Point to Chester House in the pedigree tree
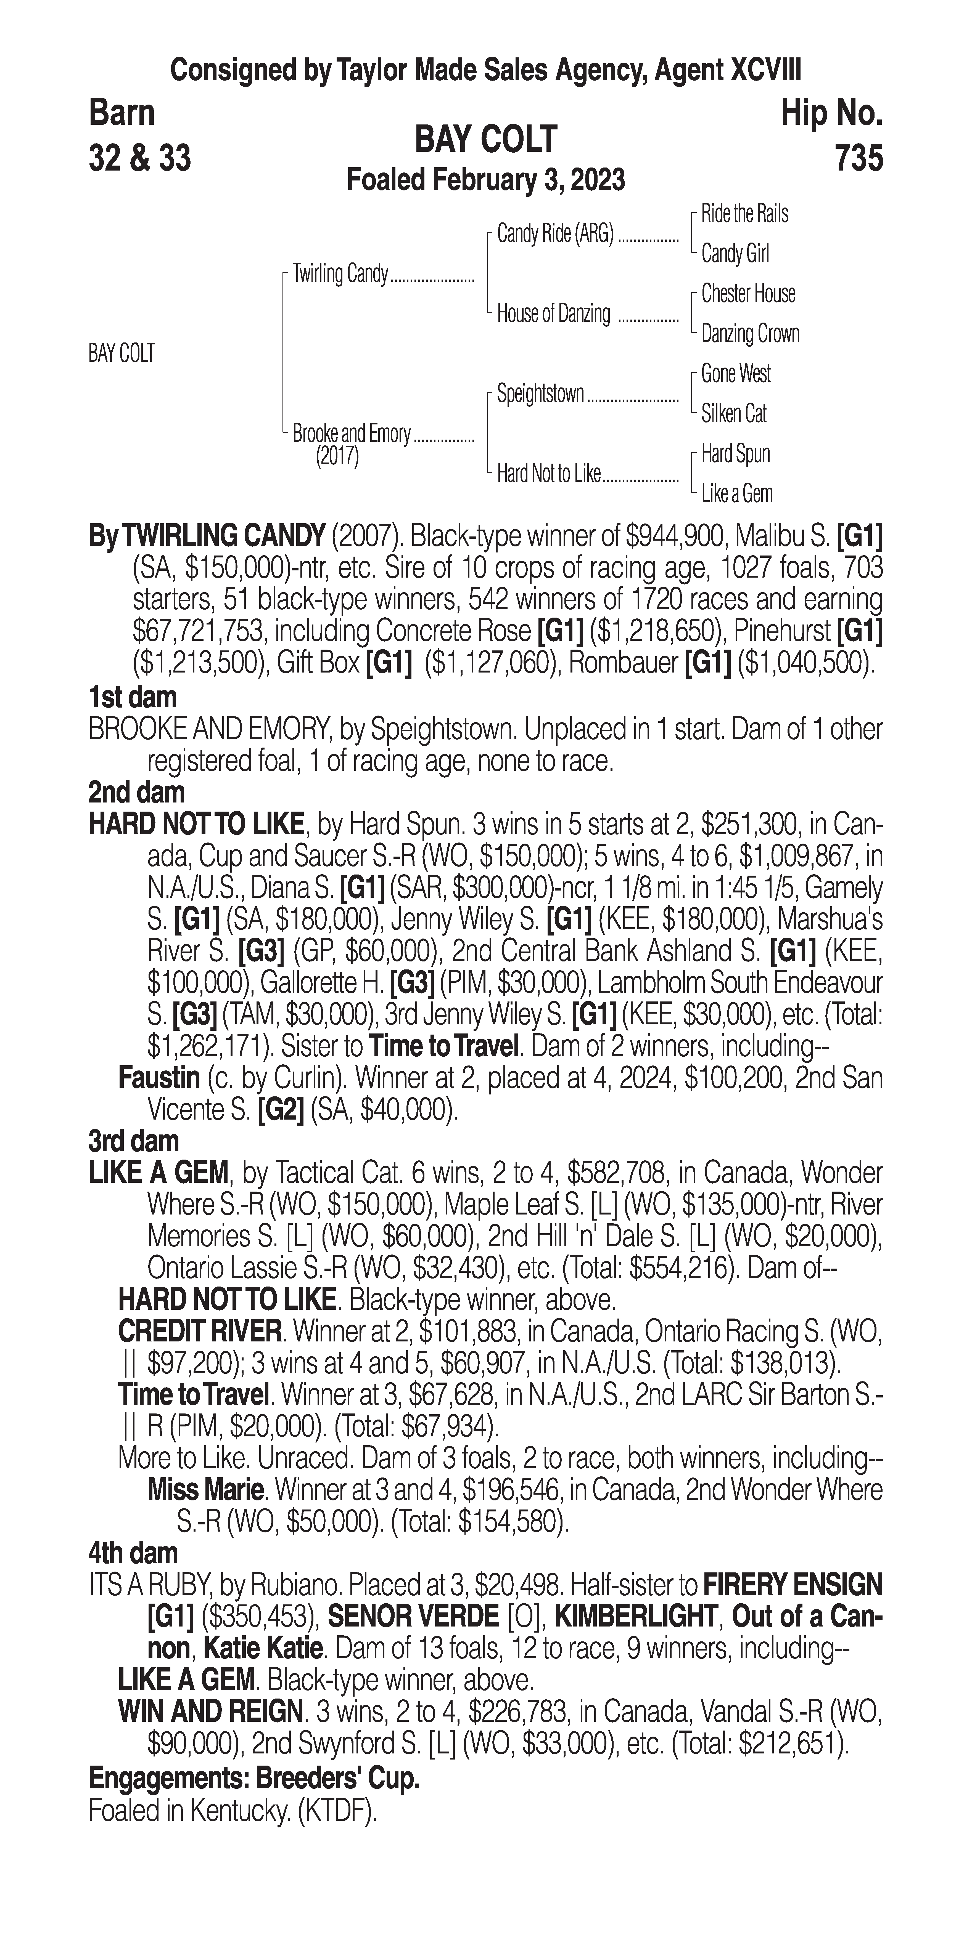point(748,294)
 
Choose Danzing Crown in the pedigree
point(750,334)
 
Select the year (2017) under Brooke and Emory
point(337,456)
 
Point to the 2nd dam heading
point(136,792)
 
